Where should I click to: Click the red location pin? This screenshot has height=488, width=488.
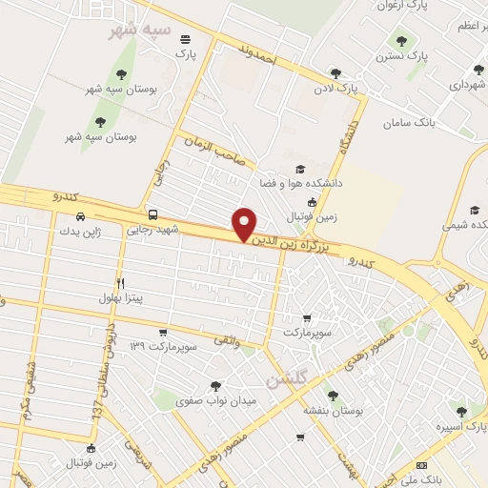pyautogui.click(x=245, y=225)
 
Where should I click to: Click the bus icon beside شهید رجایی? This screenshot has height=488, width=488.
pyautogui.click(x=153, y=214)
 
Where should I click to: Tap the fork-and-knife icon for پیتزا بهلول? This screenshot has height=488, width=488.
pyautogui.click(x=120, y=283)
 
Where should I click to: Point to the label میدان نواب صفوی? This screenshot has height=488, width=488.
pyautogui.click(x=217, y=401)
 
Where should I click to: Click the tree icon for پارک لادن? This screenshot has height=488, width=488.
pyautogui.click(x=335, y=73)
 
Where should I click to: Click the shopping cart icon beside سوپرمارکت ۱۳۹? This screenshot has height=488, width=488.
pyautogui.click(x=164, y=333)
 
